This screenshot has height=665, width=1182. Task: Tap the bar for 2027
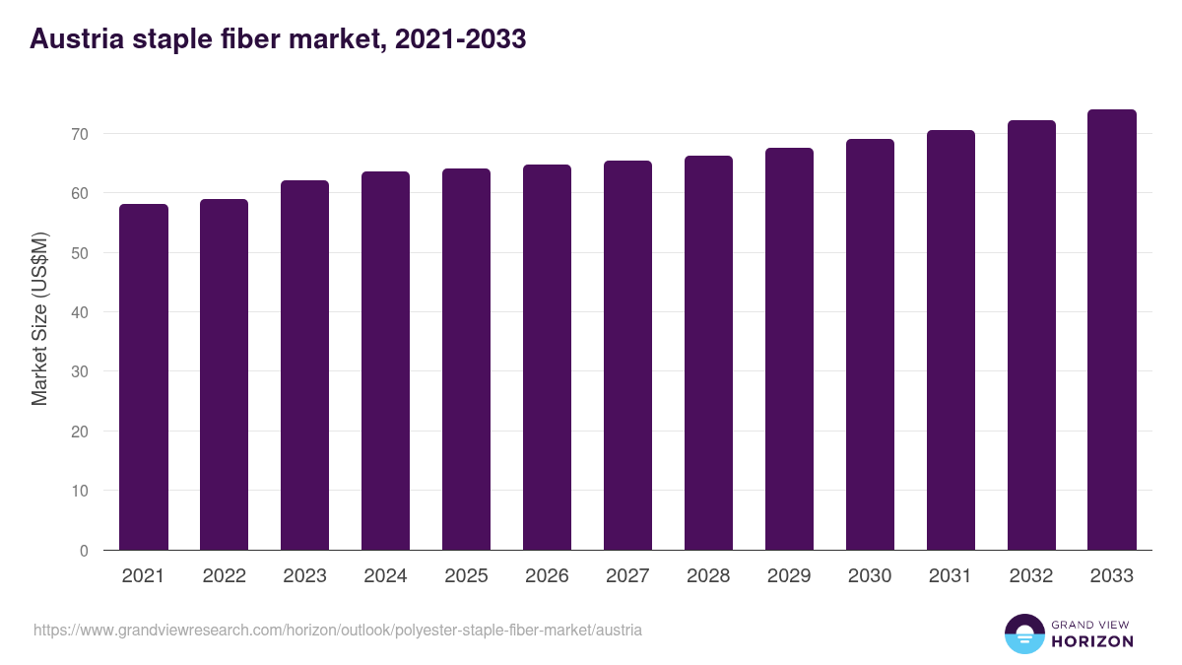tap(627, 356)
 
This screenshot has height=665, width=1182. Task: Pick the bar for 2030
tap(870, 345)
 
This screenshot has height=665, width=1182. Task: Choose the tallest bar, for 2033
tap(1112, 330)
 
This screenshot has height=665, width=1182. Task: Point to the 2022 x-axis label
tap(224, 576)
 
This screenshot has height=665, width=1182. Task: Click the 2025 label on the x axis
tap(466, 576)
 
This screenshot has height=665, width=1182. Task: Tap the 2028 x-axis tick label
tap(708, 576)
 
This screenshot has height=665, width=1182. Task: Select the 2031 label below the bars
tap(951, 576)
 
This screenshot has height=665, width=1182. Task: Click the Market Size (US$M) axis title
tap(39, 319)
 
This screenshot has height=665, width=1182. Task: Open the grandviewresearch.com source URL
tap(338, 630)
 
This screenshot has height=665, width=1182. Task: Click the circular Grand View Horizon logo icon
tap(1023, 633)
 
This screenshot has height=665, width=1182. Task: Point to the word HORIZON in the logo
tap(1091, 641)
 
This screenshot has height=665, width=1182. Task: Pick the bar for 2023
tap(304, 366)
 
